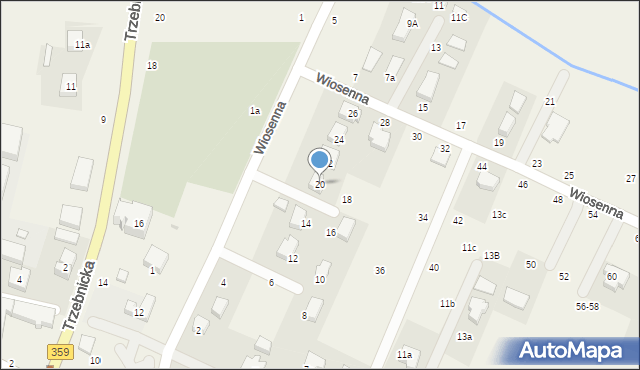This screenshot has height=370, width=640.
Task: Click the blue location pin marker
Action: pyautogui.click(x=320, y=161)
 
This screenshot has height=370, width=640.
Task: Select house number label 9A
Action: pyautogui.click(x=411, y=23)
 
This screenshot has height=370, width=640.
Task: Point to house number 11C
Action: pyautogui.click(x=459, y=18)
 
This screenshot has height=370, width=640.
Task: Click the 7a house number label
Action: pyautogui.click(x=390, y=77)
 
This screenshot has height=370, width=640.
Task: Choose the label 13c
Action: pyautogui.click(x=499, y=215)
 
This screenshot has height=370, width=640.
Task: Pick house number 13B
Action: pyautogui.click(x=491, y=256)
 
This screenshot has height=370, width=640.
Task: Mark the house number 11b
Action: pyautogui.click(x=447, y=303)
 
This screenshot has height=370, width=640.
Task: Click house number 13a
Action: pyautogui.click(x=464, y=337)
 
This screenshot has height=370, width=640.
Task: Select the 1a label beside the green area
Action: pyautogui.click(x=255, y=111)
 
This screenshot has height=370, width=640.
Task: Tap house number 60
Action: pyautogui.click(x=612, y=276)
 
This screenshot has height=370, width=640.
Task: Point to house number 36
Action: pyautogui.click(x=380, y=271)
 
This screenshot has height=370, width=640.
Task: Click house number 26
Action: pyautogui.click(x=353, y=114)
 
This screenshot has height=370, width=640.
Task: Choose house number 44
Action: pyautogui.click(x=482, y=167)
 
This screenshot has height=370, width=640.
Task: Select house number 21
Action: pyautogui.click(x=550, y=102)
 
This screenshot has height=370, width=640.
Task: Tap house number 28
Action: pyautogui.click(x=384, y=122)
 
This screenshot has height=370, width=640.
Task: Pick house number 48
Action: pyautogui.click(x=558, y=200)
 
